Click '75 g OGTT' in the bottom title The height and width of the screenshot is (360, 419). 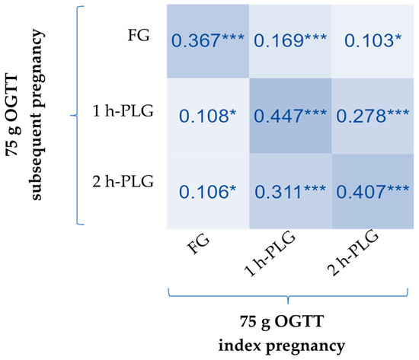288,323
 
